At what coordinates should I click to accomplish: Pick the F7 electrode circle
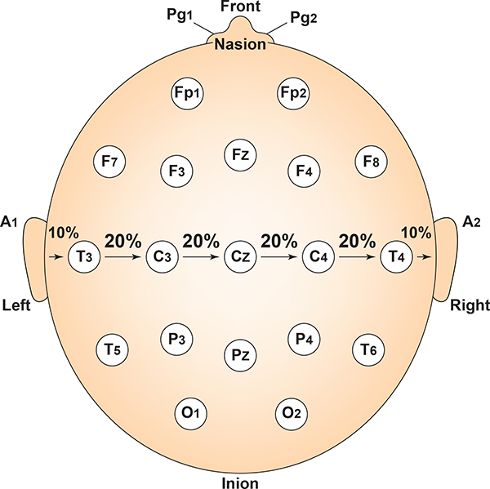coord(108,161)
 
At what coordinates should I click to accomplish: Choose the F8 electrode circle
coord(371,161)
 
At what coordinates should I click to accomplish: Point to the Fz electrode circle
coord(241,154)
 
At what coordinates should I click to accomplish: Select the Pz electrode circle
coord(241,354)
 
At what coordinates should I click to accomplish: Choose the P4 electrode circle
coord(303,340)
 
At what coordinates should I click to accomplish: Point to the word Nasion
coord(240,45)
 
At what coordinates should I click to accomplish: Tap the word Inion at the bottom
coord(240,482)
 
